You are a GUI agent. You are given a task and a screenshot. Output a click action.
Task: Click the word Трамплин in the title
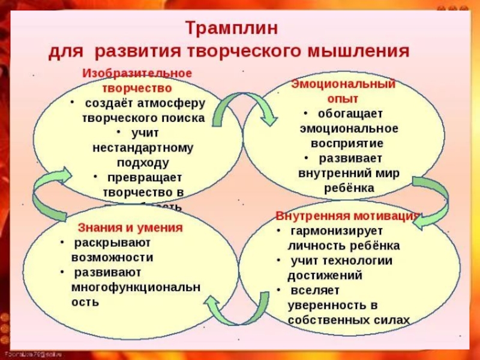231,28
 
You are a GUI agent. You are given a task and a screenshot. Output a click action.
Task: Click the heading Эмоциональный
343,84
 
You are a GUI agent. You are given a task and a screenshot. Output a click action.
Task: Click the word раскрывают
112,243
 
